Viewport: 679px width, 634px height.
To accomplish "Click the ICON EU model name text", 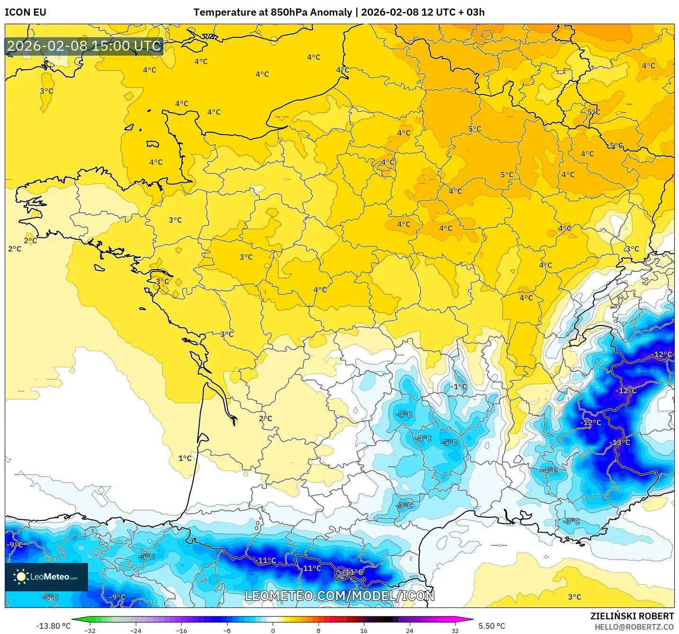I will [x=26, y=12].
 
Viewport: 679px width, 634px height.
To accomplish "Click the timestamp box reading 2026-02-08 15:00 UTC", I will [x=84, y=46].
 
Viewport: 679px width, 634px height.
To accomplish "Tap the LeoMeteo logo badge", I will [x=46, y=577].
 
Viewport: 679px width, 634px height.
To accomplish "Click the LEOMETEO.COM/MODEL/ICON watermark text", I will [x=339, y=596].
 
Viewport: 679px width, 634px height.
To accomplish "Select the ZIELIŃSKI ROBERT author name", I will [x=632, y=616].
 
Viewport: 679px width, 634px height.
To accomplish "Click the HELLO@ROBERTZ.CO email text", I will [x=634, y=627].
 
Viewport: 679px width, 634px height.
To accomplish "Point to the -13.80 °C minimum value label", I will [x=53, y=626].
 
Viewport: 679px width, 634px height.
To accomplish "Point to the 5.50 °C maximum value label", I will [x=492, y=626].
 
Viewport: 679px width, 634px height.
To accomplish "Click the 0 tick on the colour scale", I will [x=273, y=630].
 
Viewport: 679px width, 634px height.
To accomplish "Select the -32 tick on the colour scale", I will [x=90, y=630].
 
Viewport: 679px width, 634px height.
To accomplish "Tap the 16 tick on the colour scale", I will [x=363, y=630].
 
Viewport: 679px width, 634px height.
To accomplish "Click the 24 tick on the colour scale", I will [x=409, y=630].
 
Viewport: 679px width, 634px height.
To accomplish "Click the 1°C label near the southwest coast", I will [x=185, y=458].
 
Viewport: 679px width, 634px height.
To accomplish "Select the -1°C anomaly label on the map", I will [x=458, y=386].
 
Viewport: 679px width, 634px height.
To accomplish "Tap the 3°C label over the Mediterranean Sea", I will [x=574, y=597].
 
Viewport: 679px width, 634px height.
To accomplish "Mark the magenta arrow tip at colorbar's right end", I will [x=472, y=619].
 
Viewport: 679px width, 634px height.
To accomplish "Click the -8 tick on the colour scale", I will [x=227, y=630].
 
